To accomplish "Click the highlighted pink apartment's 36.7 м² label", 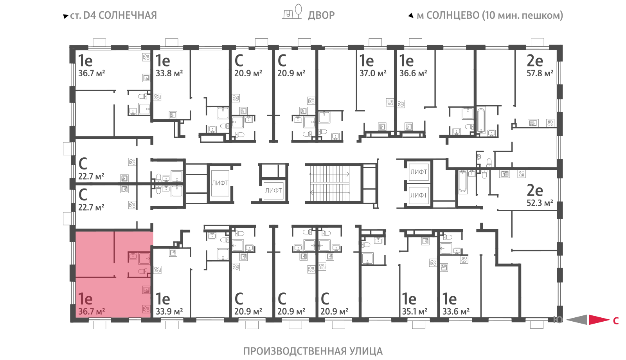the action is pos(92,311).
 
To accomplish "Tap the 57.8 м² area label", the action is pos(540,73).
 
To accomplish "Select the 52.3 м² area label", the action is pos(540,203).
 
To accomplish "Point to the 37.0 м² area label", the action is pos(373,73).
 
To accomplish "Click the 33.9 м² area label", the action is pos(169,311).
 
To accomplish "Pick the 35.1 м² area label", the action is pos(415,311).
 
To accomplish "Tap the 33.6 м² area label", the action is pos(456,311).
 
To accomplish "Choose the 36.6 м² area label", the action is pos(413,73).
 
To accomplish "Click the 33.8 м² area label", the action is pos(169,73).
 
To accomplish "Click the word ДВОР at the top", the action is pos(321,15).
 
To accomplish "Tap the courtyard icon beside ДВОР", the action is pos(292,12).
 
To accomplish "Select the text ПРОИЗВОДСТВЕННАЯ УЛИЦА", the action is pos(313,351).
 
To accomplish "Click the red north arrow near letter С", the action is pos(599,320).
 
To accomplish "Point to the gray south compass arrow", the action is pos(577,320).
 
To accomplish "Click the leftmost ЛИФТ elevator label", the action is pos(220,183).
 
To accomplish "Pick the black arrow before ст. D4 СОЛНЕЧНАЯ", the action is pos(66,16).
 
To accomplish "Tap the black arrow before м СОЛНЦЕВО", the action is pos(411,16).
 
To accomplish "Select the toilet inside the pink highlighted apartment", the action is pos(143,271).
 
